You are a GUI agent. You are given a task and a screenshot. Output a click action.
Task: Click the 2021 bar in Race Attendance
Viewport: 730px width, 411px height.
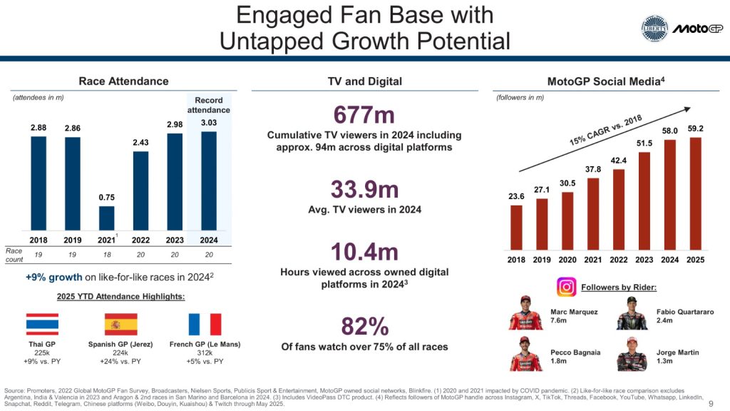[x=106, y=218]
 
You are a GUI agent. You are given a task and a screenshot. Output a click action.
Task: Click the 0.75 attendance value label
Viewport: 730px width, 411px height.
[x=106, y=197]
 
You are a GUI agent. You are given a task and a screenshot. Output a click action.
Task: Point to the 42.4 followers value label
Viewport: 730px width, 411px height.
[x=619, y=160]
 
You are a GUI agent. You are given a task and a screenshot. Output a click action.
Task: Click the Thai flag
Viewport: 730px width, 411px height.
[x=43, y=324]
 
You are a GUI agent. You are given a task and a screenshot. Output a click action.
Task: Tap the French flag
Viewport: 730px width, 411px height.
[x=205, y=324]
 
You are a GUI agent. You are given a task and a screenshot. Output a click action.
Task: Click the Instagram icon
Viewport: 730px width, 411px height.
[x=566, y=287]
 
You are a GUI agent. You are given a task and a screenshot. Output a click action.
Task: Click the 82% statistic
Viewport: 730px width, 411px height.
[x=364, y=327]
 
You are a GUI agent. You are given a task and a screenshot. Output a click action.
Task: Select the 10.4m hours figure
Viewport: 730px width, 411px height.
[x=364, y=253]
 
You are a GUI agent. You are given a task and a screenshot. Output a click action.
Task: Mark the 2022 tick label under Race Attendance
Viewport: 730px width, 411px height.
[x=140, y=240]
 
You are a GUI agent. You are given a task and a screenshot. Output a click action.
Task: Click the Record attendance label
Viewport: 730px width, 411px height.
[x=208, y=105]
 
